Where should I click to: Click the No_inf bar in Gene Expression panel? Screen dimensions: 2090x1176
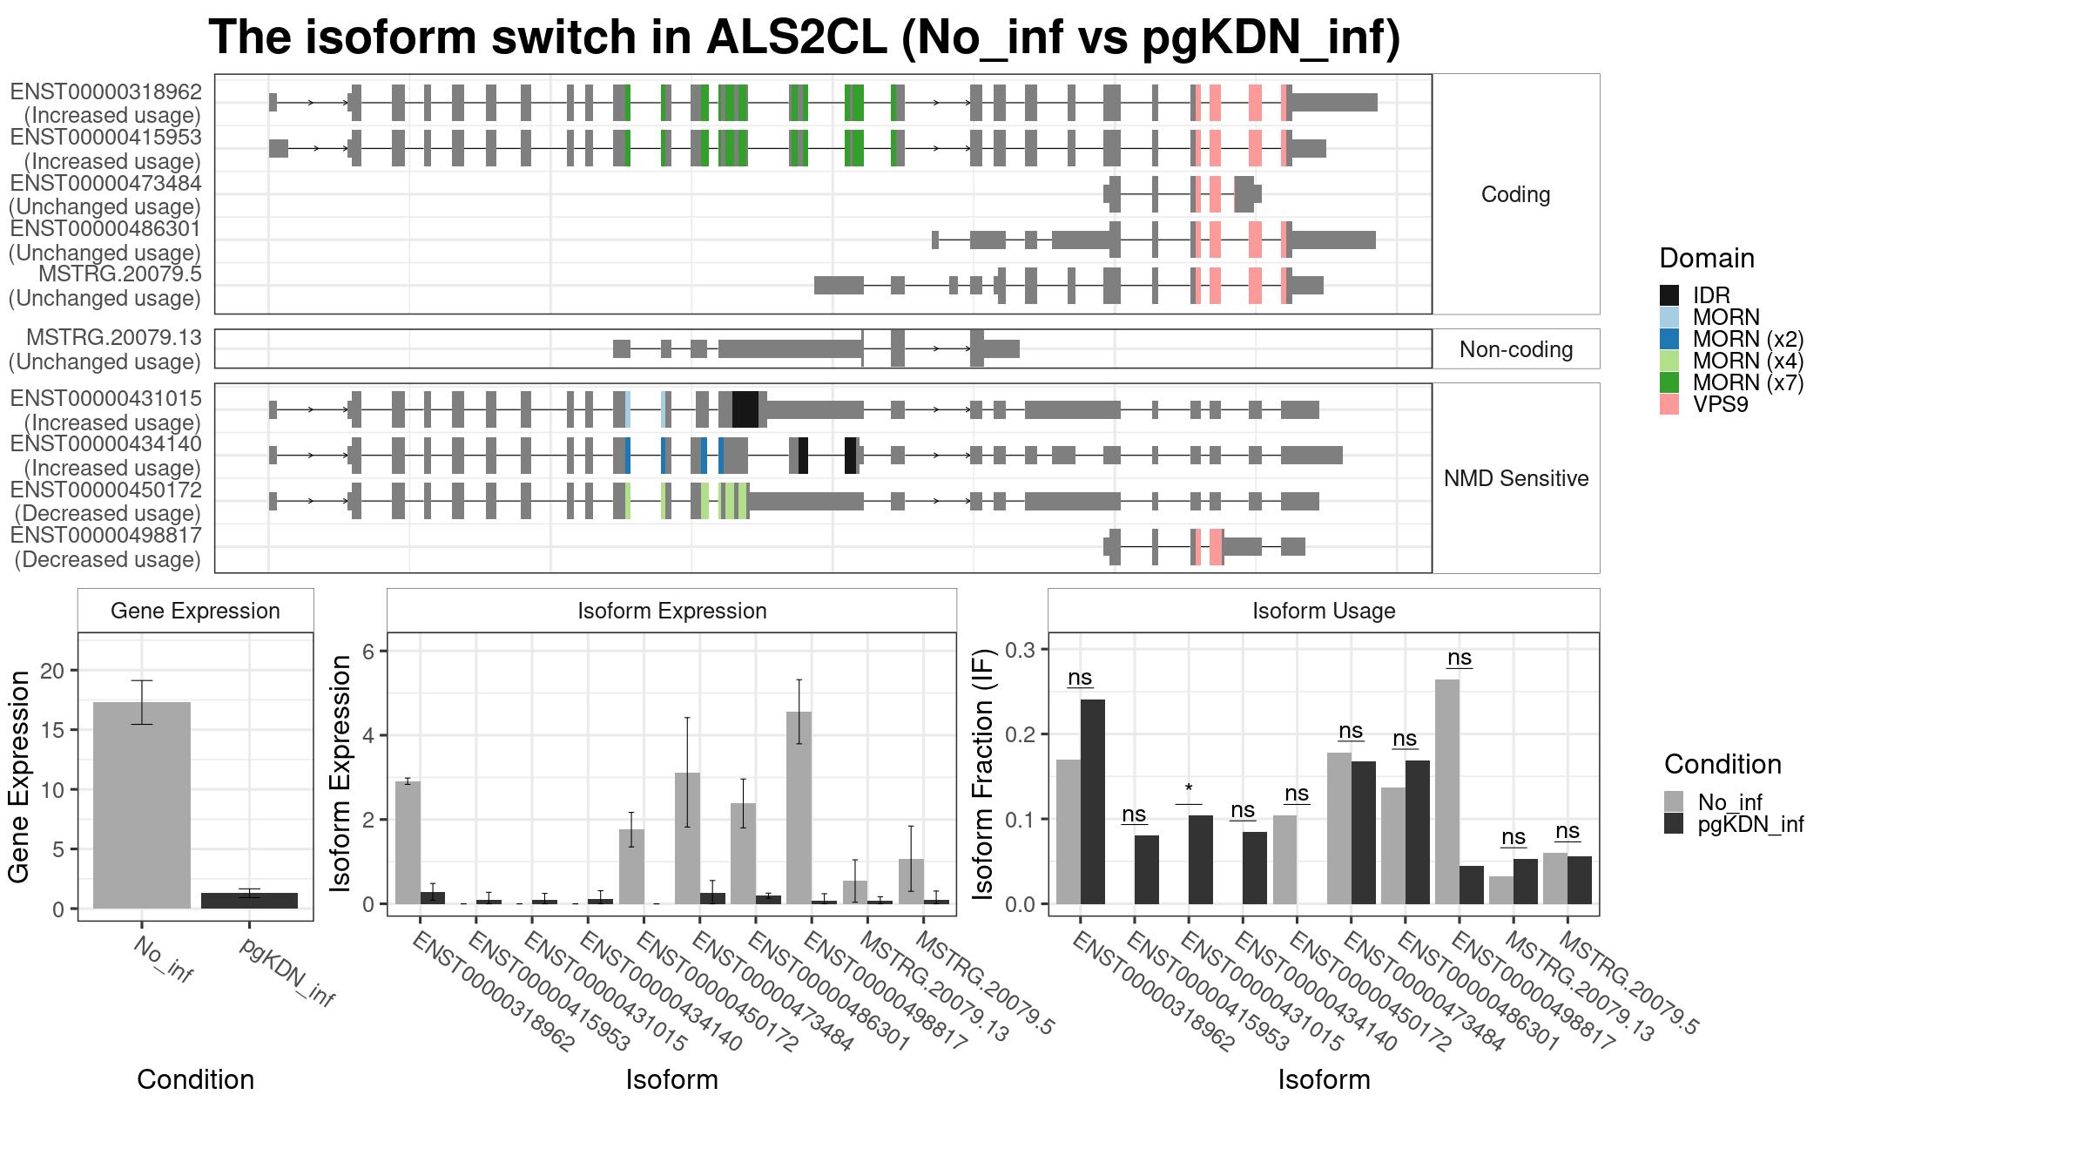(141, 805)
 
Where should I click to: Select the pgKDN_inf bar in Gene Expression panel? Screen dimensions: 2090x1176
(249, 901)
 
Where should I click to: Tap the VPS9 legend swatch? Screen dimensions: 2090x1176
(1669, 404)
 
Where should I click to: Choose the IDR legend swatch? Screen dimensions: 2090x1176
(1669, 295)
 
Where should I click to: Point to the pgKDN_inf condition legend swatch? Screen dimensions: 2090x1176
(1674, 824)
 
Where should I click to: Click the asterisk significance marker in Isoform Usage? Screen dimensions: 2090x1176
(1189, 791)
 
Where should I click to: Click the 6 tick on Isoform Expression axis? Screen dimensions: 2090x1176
(367, 652)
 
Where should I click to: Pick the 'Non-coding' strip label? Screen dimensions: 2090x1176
(1515, 349)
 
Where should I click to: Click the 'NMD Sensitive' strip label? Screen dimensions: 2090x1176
(1515, 478)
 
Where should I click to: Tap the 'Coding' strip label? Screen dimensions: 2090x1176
(1515, 194)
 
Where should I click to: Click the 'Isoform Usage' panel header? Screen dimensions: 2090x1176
(1324, 611)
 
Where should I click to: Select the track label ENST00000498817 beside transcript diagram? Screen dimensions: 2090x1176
(105, 536)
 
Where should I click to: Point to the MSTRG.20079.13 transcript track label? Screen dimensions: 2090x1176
(114, 338)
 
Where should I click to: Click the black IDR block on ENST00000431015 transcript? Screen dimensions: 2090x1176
(745, 409)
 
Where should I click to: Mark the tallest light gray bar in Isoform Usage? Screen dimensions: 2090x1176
(1447, 792)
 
